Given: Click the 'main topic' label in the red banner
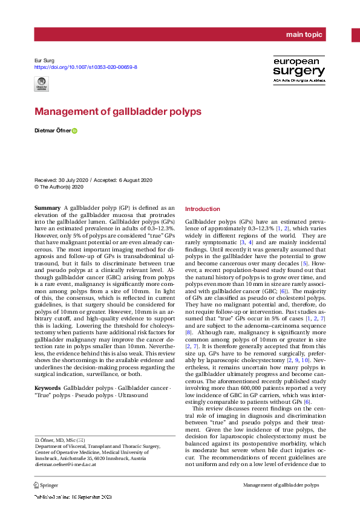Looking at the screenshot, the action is pos(305,35).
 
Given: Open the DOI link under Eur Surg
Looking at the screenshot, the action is pos(85,67).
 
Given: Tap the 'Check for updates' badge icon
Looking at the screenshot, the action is pos(42,86).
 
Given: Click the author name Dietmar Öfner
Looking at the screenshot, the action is pos(53,131).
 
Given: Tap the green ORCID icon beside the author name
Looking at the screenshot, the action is pos(75,131).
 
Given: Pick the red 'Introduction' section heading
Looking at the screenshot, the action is pos(203,209).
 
